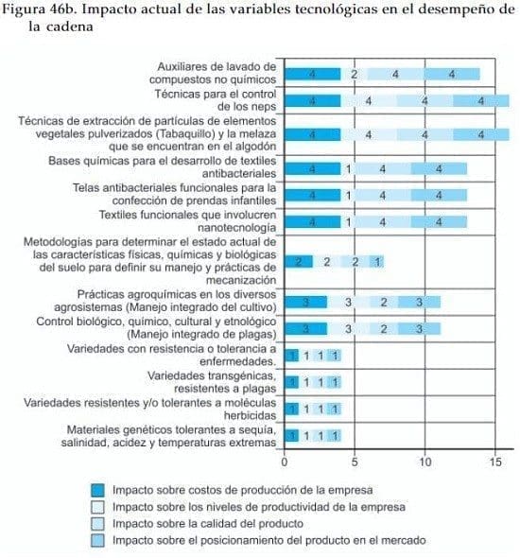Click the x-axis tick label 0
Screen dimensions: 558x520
285,462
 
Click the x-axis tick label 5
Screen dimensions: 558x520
355,462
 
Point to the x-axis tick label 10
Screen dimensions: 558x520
425,462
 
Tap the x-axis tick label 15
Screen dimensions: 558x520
494,462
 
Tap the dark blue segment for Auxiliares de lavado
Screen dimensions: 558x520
312,74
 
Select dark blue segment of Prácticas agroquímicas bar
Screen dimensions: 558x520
305,302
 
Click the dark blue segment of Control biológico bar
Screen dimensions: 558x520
305,329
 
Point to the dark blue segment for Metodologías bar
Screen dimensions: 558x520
299,261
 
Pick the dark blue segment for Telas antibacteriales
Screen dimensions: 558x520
312,195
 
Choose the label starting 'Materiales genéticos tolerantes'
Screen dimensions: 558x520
168,437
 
